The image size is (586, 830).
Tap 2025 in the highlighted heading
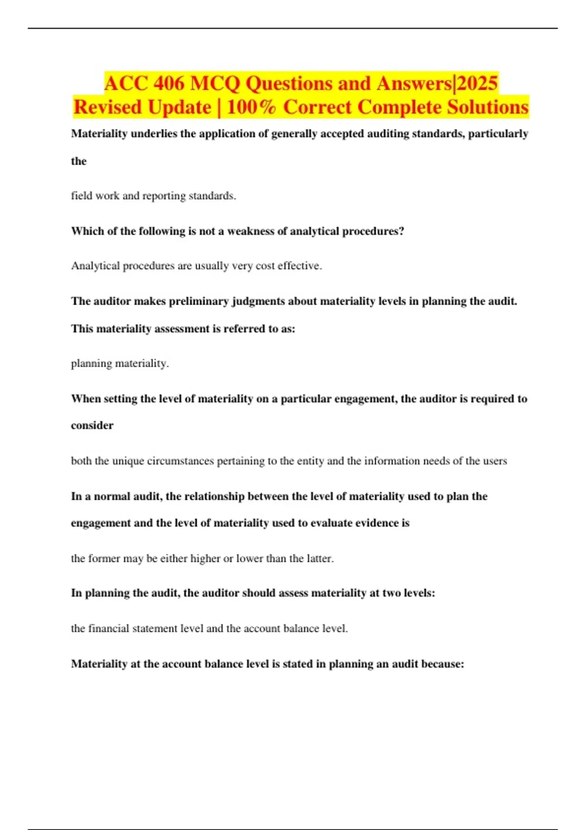(477, 83)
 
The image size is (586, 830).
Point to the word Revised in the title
(107, 107)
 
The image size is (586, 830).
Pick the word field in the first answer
(82, 196)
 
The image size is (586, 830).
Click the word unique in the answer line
(128, 461)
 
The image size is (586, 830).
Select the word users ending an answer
(494, 461)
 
